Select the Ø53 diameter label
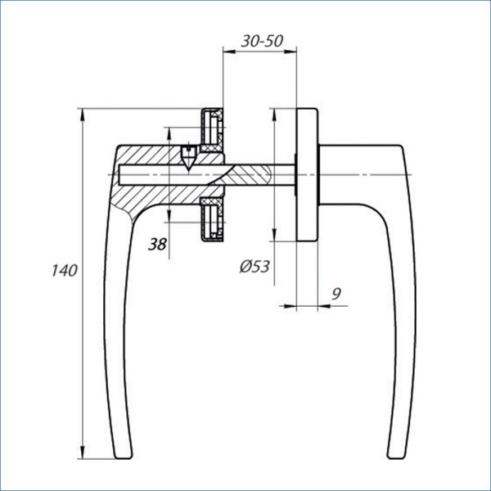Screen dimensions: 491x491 (255, 266)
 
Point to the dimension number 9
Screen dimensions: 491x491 (336, 292)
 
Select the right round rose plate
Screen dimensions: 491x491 (307, 173)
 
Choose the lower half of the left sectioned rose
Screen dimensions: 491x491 (213, 218)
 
